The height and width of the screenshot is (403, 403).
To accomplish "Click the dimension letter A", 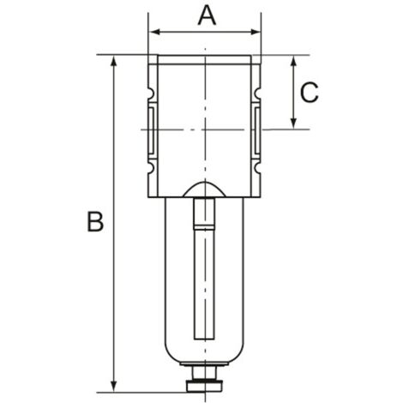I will [x=207, y=15].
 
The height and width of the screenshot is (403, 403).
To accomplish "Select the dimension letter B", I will [x=95, y=222].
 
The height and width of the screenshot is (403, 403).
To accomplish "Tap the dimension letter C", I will [x=310, y=92].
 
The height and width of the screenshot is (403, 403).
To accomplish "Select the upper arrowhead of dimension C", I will [x=294, y=61].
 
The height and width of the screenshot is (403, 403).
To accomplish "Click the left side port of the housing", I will [x=152, y=129].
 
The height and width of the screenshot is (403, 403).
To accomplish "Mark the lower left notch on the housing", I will [x=151, y=168].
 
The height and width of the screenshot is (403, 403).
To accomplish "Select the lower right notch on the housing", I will [x=258, y=168].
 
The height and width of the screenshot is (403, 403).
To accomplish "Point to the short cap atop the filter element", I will [x=205, y=214].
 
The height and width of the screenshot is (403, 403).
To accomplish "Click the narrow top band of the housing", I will [x=205, y=60].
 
